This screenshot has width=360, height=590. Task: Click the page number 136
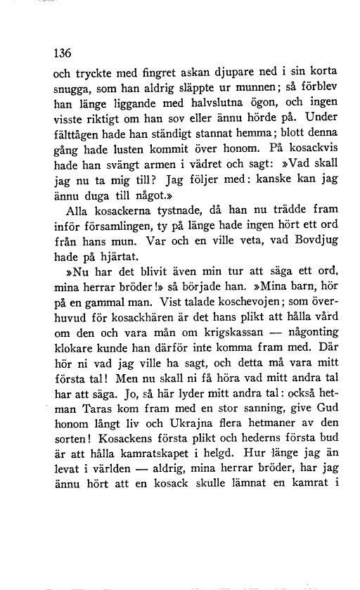pyautogui.click(x=65, y=51)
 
